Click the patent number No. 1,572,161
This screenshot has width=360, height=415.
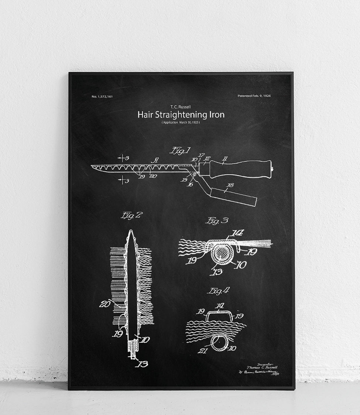102,97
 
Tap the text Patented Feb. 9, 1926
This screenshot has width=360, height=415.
254,96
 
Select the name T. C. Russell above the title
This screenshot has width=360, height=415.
181,107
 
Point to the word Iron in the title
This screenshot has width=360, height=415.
217,114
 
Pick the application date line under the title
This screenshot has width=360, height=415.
181,122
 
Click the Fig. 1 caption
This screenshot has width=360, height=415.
180,151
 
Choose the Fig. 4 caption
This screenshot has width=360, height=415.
218,291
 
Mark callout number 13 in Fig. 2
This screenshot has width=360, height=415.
143,364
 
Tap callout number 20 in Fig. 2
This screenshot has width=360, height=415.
105,304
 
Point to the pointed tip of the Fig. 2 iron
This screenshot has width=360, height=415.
130,232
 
